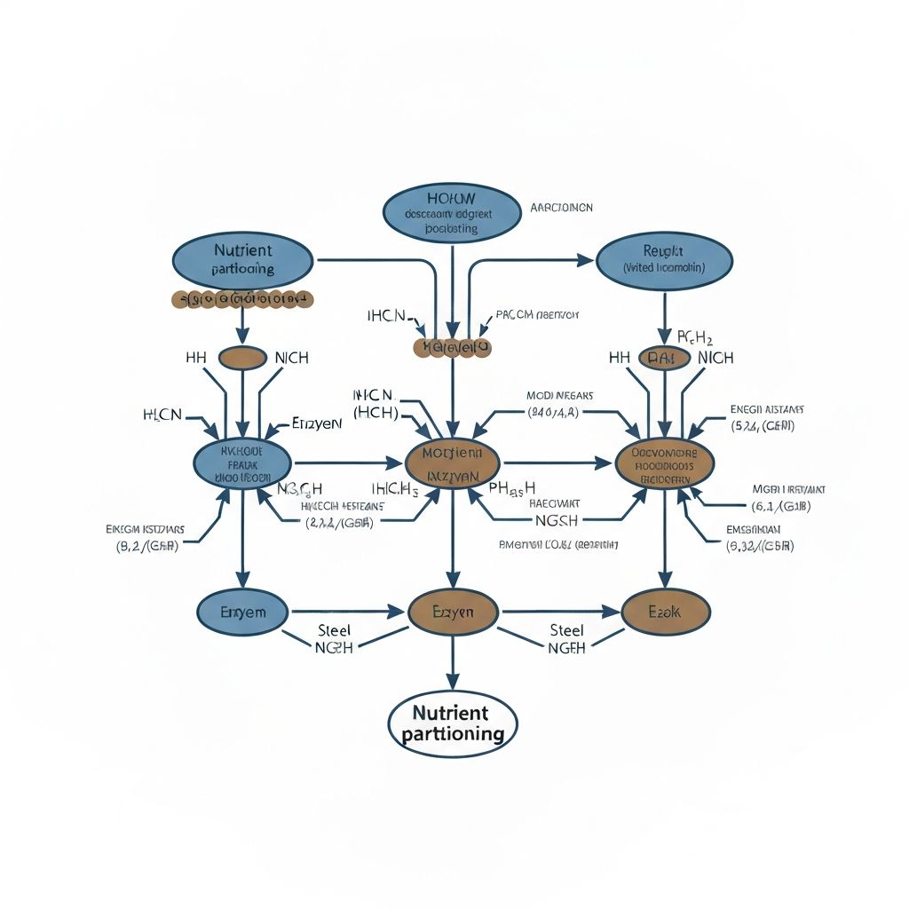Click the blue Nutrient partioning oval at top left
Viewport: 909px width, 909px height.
pyautogui.click(x=241, y=259)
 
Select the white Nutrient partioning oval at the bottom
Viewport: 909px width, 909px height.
pyautogui.click(x=453, y=723)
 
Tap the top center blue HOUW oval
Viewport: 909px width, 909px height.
pyautogui.click(x=452, y=214)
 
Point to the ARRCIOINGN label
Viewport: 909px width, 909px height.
pyautogui.click(x=561, y=207)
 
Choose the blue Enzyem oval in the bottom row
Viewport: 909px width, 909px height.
pyautogui.click(x=241, y=612)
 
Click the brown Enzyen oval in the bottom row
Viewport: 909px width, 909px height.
pyautogui.click(x=453, y=612)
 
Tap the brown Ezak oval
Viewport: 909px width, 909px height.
pyautogui.click(x=665, y=612)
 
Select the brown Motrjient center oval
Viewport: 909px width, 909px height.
pyautogui.click(x=453, y=462)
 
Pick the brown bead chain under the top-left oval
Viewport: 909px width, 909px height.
pyautogui.click(x=241, y=300)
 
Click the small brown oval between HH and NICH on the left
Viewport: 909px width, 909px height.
pyautogui.click(x=241, y=358)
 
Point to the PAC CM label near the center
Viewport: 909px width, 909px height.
pyautogui.click(x=537, y=315)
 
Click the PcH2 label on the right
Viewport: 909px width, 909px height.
pyautogui.click(x=695, y=336)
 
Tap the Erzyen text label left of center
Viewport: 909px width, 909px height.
pyautogui.click(x=316, y=423)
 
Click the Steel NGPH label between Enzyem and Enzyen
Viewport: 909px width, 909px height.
pyautogui.click(x=334, y=639)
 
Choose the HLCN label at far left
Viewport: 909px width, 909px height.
pyautogui.click(x=162, y=415)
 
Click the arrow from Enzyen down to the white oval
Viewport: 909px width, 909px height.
pyautogui.click(x=453, y=661)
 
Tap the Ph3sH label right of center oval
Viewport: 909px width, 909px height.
pyautogui.click(x=512, y=487)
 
